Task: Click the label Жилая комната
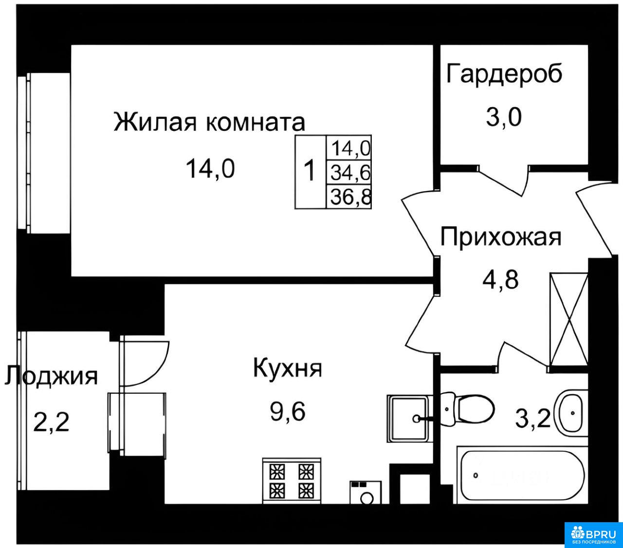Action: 209,122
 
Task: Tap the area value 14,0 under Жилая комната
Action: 210,168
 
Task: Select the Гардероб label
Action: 504,74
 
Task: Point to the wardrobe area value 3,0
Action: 504,117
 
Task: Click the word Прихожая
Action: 501,237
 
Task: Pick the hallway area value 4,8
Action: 500,279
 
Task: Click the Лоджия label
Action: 51,376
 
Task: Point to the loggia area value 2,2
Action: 51,422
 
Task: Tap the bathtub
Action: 522,475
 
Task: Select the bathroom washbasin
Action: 571,413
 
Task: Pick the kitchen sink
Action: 409,419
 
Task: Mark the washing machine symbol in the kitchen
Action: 366,493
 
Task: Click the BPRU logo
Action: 594,535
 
